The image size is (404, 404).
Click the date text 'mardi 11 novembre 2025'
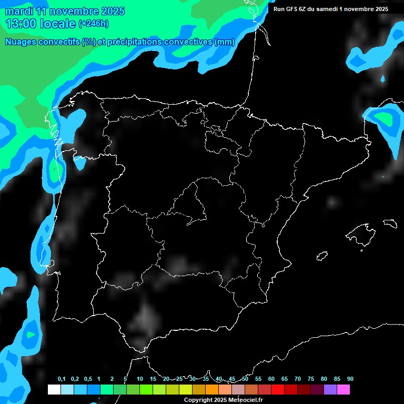tap(65, 11)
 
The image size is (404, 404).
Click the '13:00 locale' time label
tap(41, 24)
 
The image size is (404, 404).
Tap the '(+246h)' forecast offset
tap(93, 24)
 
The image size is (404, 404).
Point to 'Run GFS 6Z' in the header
tap(295, 9)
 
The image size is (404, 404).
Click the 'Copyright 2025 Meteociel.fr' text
tap(223, 400)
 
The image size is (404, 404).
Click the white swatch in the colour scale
tap(54, 390)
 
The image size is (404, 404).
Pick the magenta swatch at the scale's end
tap(343, 390)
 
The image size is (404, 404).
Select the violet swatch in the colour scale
tap(330, 390)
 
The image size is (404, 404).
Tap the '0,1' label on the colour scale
tap(62, 379)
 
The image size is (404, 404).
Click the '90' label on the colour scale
tap(350, 379)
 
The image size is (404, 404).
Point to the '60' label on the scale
tap(271, 379)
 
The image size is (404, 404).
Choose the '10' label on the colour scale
tap(139, 379)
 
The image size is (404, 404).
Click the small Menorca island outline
tap(390, 223)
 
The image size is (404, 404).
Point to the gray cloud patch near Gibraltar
tap(145, 320)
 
